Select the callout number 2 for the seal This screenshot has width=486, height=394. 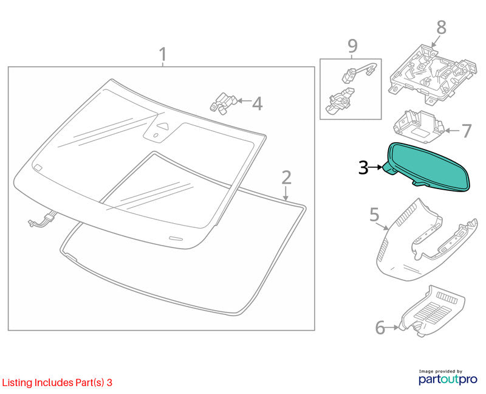coord(286,178)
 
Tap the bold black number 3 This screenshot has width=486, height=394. coord(363,168)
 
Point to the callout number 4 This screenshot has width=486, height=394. coord(257,103)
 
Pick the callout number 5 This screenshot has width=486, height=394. coord(374,215)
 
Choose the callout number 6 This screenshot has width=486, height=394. coord(380,328)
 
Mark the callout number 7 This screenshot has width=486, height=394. coord(467,131)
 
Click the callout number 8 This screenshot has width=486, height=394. coord(442,27)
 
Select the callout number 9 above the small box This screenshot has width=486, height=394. coord(352,46)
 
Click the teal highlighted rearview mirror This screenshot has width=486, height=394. coord(430,166)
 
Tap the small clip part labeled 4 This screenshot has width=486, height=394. coord(223,103)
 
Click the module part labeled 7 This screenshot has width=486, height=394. coord(419,126)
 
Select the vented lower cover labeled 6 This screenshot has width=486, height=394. coord(433,311)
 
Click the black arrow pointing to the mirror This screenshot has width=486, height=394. coord(376,167)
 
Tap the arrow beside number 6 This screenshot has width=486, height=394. coord(392,327)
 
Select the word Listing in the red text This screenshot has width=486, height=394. coord(17,383)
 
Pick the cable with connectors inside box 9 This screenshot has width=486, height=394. coord(360,72)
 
